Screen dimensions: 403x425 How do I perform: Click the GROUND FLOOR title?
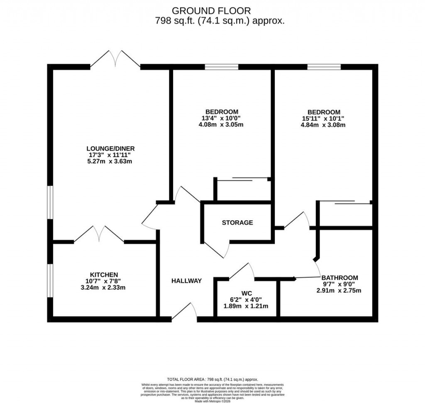click(x=212, y=10)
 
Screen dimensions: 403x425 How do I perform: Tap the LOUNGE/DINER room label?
click(x=110, y=148)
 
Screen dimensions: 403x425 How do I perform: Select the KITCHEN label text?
click(x=104, y=274)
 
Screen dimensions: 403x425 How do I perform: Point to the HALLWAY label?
click(x=187, y=281)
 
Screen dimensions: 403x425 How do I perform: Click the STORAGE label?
click(x=237, y=223)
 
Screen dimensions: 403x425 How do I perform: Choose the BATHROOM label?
click(x=339, y=277)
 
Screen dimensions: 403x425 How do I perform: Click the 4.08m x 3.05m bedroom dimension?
click(x=221, y=124)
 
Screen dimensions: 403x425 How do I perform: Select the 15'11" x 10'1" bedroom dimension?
click(x=324, y=118)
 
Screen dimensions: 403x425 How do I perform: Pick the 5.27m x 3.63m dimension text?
click(x=110, y=161)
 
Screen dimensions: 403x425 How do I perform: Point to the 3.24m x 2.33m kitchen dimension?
click(x=104, y=287)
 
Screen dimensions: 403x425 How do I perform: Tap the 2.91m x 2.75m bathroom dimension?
click(x=339, y=290)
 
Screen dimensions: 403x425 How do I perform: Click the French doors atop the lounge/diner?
click(x=115, y=59)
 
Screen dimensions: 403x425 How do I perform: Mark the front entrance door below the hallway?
click(x=184, y=313)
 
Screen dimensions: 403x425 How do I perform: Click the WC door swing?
click(x=242, y=271)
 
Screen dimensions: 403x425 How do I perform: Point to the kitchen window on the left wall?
click(x=49, y=280)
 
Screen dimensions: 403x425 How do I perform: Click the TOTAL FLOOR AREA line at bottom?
click(x=212, y=379)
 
